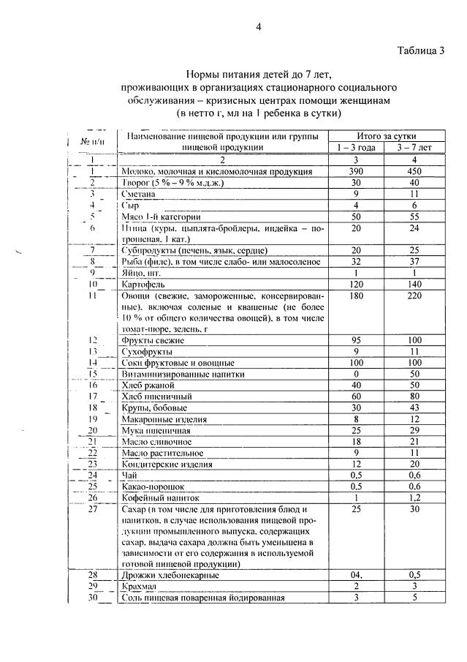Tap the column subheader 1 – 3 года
(356, 147)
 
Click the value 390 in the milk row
(356, 171)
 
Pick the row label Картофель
(143, 282)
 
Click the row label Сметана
(139, 195)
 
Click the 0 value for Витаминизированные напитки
(356, 374)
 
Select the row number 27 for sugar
(93, 508)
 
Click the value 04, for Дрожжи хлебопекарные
(356, 576)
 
